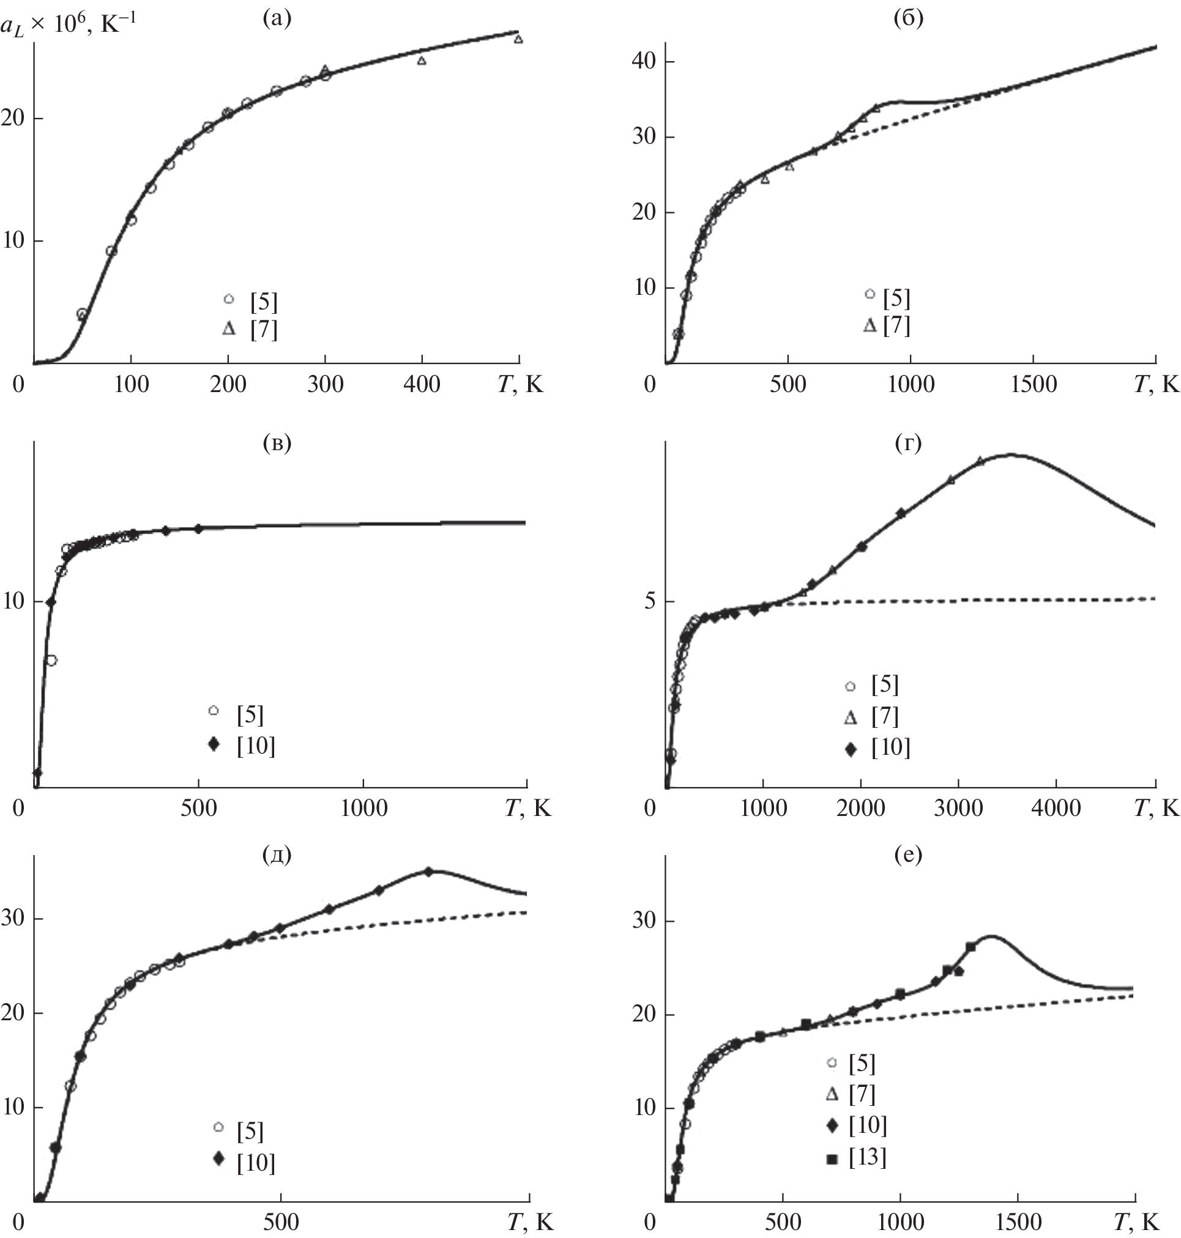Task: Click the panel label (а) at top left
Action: click(277, 18)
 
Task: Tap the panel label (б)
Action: click(909, 18)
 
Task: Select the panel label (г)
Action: click(908, 443)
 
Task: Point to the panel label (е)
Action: click(908, 854)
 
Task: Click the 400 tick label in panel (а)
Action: click(422, 384)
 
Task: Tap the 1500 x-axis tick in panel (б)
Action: click(1033, 384)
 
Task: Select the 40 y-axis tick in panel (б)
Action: click(644, 62)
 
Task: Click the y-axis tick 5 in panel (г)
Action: click(650, 602)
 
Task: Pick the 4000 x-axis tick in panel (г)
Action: click(1056, 808)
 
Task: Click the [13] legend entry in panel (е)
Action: click(867, 1156)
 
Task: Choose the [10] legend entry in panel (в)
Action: click(256, 746)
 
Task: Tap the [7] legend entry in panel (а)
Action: click(263, 329)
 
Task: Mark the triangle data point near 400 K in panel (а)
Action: click(422, 61)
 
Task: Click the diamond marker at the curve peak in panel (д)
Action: click(428, 872)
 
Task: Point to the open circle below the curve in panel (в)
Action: click(51, 660)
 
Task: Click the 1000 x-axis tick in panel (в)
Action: click(364, 808)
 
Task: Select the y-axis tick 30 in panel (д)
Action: click(13, 917)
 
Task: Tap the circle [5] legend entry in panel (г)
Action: click(884, 685)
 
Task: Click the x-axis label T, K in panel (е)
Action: click(1136, 1221)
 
